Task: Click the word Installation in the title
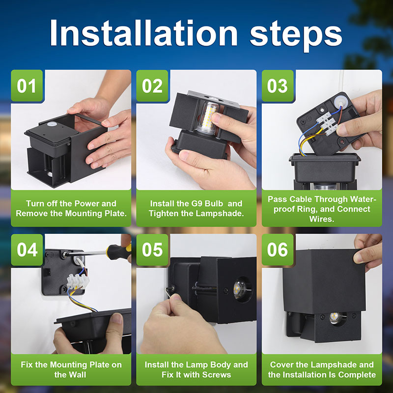[x=143, y=33]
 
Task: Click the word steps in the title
[x=296, y=36]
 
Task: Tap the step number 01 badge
[x=27, y=85]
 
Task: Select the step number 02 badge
[x=152, y=85]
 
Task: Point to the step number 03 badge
[x=278, y=85]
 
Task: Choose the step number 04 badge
[x=27, y=250]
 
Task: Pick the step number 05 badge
[x=152, y=250]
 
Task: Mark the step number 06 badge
[x=278, y=250]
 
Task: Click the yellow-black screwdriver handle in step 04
[x=118, y=251]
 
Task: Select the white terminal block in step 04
[x=78, y=281]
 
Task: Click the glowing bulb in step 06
[x=335, y=318]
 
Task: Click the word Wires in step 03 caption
[x=322, y=219]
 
